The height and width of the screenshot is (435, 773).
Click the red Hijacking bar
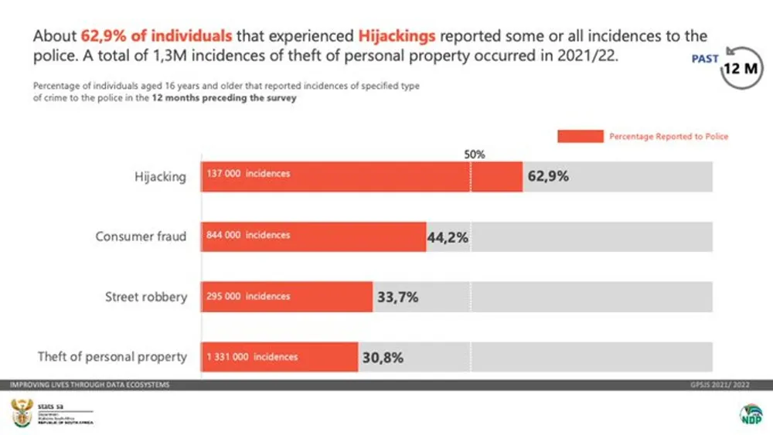click(x=362, y=176)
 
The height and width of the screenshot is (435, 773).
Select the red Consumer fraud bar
click(x=313, y=236)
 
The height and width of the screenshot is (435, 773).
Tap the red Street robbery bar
click(x=287, y=297)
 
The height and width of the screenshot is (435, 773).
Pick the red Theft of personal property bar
click(x=279, y=357)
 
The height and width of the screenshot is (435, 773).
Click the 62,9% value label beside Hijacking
click(x=548, y=176)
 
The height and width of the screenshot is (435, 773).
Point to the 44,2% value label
click(x=448, y=237)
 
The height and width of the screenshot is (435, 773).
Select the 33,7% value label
click(x=397, y=297)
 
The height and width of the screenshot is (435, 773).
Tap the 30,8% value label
click(x=382, y=358)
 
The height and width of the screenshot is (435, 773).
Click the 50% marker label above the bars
click(x=474, y=155)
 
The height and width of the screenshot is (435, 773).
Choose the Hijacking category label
click(x=161, y=177)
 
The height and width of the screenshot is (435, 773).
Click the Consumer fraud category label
click(x=141, y=236)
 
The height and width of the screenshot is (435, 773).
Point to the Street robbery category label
click(x=146, y=297)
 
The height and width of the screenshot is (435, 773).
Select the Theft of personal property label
click(x=112, y=357)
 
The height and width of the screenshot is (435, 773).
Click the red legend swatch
click(x=580, y=136)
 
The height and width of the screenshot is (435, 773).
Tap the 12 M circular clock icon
click(x=741, y=68)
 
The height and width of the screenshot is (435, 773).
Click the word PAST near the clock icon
click(x=705, y=59)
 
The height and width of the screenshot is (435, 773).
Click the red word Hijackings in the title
click(x=396, y=36)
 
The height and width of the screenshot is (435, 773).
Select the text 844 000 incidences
click(x=248, y=235)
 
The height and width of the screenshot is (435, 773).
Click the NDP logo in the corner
click(x=750, y=413)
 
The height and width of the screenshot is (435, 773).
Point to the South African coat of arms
click(x=22, y=414)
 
